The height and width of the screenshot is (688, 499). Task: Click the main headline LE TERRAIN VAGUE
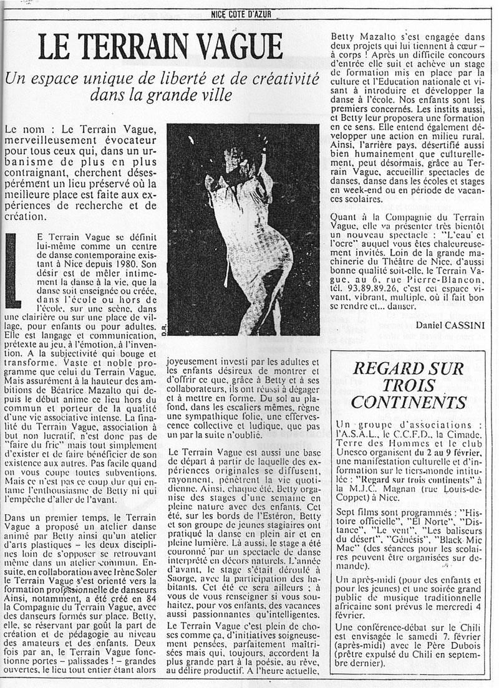click(160, 47)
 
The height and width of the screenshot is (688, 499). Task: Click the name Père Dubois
click(432, 662)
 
